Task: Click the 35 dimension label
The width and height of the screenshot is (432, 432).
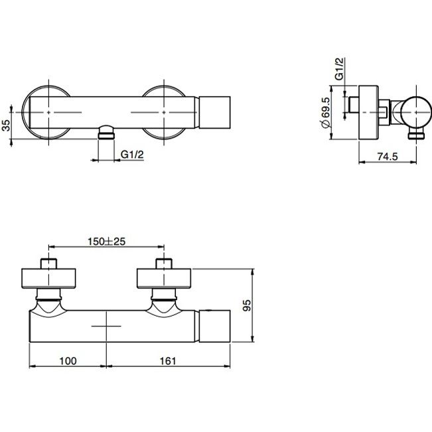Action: [7, 125]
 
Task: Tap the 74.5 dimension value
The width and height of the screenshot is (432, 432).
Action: [388, 157]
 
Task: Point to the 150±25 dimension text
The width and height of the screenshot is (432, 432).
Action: [106, 242]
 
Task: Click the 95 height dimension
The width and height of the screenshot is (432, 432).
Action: [247, 305]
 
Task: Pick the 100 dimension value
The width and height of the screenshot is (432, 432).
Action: [68, 361]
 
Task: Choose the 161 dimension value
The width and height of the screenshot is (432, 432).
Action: [168, 361]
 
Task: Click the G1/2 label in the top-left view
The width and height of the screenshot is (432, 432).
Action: [132, 155]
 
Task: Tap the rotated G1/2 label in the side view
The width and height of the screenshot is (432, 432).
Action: [340, 68]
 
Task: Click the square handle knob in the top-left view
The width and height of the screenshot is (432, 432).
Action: [214, 112]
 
